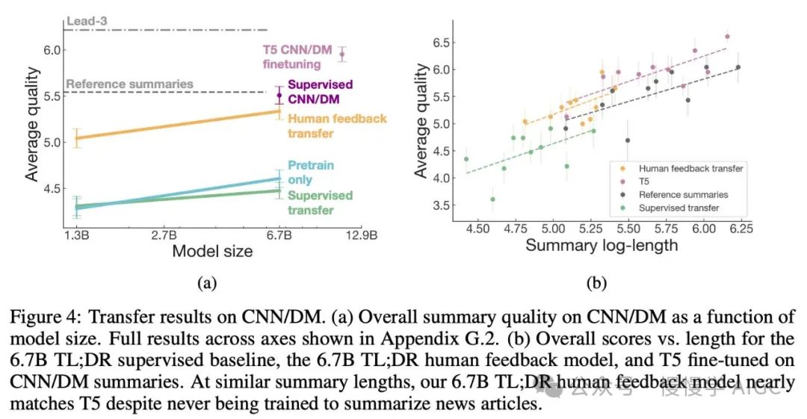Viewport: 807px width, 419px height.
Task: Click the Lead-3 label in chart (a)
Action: (87, 22)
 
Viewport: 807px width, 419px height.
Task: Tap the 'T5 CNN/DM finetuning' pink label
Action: (297, 57)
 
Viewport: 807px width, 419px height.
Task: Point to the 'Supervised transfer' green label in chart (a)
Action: (320, 202)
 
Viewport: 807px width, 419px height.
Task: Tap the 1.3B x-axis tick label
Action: (78, 237)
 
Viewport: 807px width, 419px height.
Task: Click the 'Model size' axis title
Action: (212, 252)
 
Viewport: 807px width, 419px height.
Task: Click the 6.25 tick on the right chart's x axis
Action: (740, 227)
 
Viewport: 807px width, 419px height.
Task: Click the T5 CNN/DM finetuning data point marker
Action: (342, 54)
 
